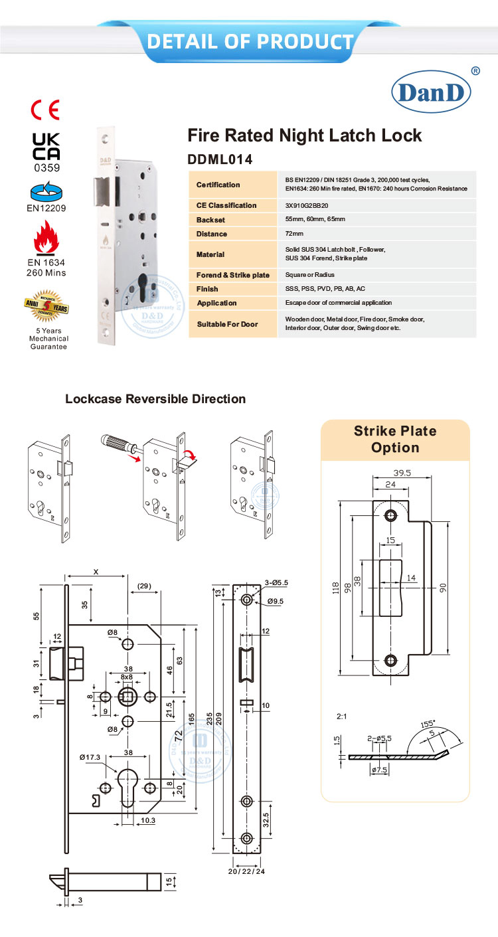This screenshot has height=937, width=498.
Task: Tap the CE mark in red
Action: (x=46, y=110)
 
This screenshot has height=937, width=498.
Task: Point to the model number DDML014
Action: (x=220, y=159)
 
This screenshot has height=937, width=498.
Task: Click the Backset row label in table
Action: (x=212, y=220)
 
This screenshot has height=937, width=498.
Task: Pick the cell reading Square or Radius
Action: (x=309, y=275)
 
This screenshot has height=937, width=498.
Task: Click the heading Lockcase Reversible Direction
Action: (x=155, y=399)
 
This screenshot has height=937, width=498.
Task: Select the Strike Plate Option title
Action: (x=395, y=440)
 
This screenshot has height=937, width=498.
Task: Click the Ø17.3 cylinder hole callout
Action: (x=90, y=757)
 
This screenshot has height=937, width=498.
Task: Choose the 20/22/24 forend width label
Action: (x=246, y=871)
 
